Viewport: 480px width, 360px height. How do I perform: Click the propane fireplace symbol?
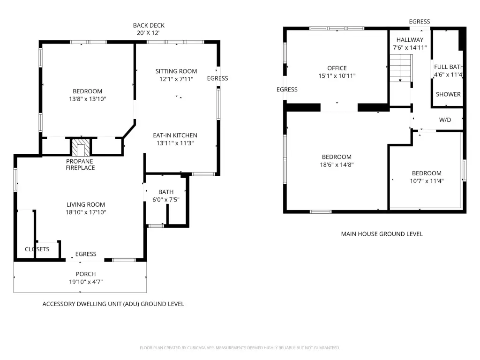[81, 147]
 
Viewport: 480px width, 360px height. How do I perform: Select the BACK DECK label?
[149, 25]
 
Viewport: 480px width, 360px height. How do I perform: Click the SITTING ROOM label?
[176, 71]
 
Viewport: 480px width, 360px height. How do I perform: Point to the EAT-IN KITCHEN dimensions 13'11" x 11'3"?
[175, 143]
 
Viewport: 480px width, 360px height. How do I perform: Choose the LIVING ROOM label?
[86, 204]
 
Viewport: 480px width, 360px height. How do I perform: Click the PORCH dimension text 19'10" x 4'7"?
[86, 282]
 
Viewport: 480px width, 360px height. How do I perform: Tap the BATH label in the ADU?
[166, 192]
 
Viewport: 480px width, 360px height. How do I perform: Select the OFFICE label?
[337, 68]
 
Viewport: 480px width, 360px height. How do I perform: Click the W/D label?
[445, 120]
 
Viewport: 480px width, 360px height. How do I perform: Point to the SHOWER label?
[448, 94]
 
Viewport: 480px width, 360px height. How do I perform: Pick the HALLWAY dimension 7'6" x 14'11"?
[410, 47]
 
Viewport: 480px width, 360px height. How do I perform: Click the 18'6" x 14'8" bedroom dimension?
[337, 165]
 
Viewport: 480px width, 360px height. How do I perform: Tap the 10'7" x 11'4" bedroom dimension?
[427, 181]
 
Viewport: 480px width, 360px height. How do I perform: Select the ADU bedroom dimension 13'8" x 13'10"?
[88, 99]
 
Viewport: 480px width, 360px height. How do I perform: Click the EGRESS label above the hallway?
[420, 22]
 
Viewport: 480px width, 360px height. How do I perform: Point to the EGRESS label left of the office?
[287, 90]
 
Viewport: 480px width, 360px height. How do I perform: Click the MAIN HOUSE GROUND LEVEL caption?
[382, 234]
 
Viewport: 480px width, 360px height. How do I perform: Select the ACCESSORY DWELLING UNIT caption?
[113, 304]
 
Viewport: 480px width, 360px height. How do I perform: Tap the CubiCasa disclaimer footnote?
[240, 348]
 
